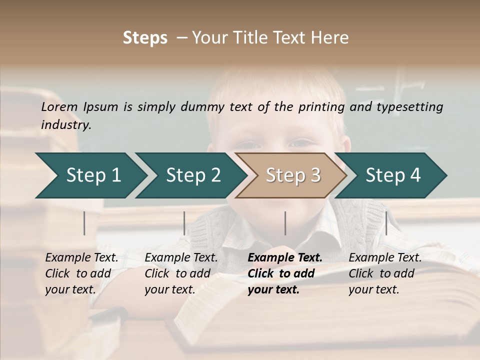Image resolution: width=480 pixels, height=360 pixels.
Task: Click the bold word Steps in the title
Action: [145, 38]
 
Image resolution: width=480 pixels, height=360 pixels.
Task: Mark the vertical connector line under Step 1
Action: [84, 223]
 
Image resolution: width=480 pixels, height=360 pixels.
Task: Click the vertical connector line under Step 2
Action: [184, 223]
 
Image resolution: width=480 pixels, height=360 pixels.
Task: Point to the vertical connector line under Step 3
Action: [285, 223]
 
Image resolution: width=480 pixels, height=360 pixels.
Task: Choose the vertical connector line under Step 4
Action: [386, 223]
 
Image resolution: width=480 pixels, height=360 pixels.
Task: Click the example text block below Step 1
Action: [81, 273]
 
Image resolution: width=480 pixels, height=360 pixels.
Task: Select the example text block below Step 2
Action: [181, 273]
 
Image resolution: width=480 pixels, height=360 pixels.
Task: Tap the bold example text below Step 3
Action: [285, 273]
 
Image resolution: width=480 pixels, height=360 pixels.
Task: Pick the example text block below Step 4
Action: [385, 273]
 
